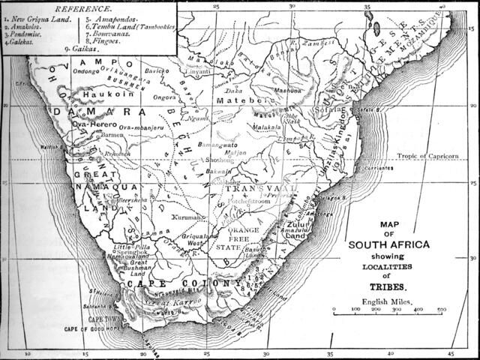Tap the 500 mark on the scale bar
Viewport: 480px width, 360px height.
click(x=442, y=309)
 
